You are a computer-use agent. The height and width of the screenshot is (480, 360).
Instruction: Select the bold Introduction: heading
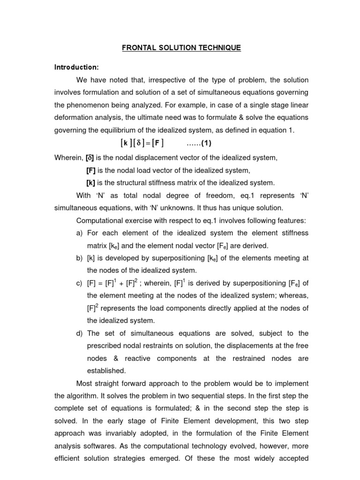point(76,67)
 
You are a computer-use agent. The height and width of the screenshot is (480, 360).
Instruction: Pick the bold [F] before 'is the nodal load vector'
point(91,170)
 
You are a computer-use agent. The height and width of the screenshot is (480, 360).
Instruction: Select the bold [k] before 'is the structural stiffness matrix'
point(90,182)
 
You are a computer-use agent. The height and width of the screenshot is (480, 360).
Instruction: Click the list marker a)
point(79,233)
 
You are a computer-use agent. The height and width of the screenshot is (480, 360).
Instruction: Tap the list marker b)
point(79,258)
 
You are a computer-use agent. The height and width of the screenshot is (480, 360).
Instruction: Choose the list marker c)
point(79,283)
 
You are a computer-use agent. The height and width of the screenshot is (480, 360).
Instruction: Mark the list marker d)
point(79,333)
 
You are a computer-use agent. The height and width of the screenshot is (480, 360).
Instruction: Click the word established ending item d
point(106,370)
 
